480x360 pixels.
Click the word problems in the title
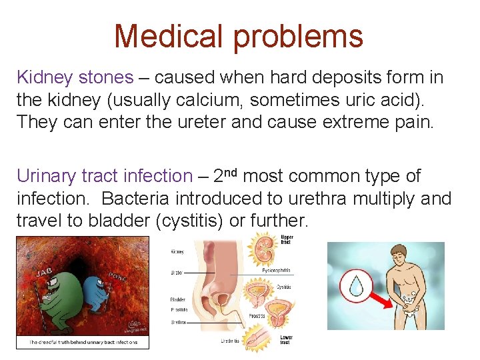click(x=297, y=35)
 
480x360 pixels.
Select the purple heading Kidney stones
click(x=75, y=77)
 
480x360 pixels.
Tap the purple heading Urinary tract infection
click(x=104, y=176)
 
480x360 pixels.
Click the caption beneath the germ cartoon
click(x=83, y=343)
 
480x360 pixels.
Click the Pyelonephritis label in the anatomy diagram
click(x=276, y=271)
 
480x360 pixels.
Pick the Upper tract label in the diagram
click(x=287, y=241)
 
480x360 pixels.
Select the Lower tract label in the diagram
click(x=286, y=339)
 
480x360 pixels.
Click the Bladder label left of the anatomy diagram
click(x=177, y=299)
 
